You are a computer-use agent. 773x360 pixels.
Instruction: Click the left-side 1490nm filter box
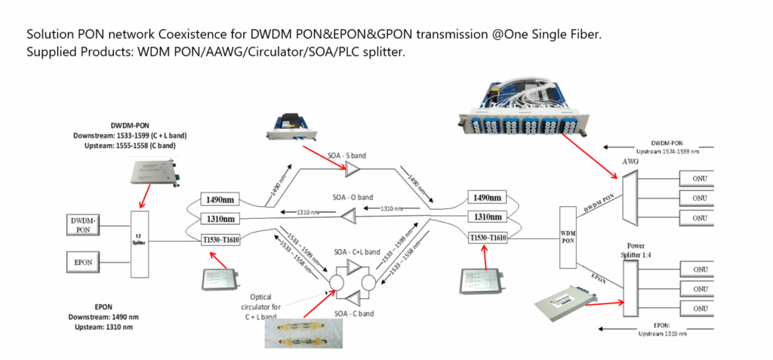click(x=222, y=199)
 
